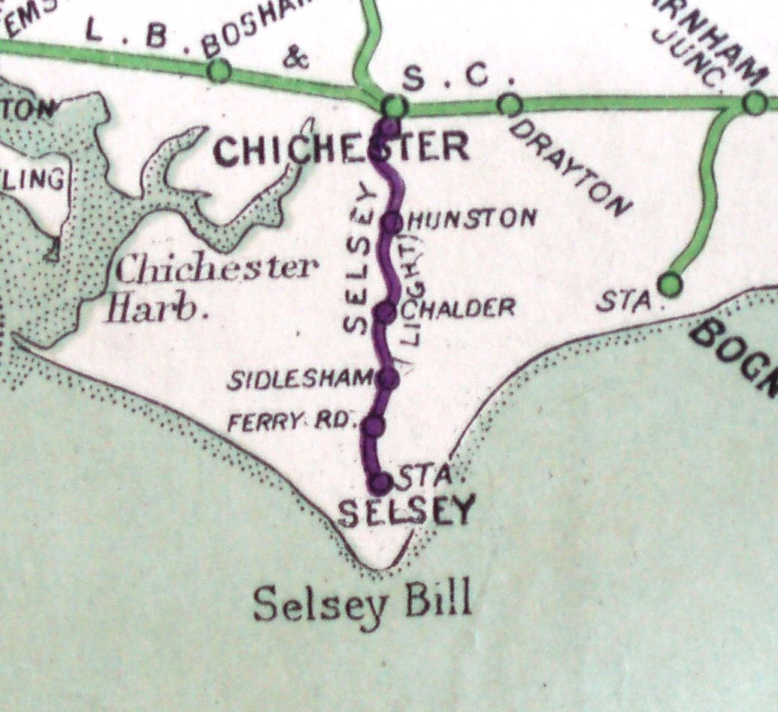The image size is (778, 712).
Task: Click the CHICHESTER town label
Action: coord(342,149)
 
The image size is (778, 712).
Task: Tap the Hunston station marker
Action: coord(392,222)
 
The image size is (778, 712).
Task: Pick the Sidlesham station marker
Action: coord(388,379)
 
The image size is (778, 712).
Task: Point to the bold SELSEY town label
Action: coord(407,512)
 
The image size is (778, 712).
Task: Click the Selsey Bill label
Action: coord(363,602)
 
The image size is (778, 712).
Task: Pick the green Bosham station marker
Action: coord(219,71)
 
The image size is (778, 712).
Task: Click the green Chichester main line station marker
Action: coord(393,107)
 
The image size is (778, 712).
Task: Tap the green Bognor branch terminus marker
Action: coord(671,284)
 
